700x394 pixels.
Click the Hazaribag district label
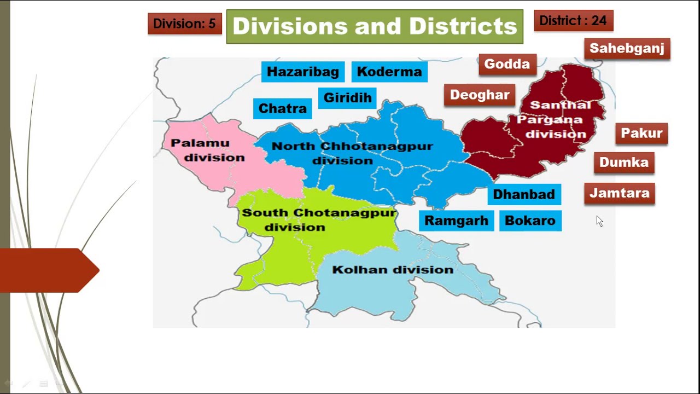pyautogui.click(x=302, y=72)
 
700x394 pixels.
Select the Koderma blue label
pyautogui.click(x=389, y=72)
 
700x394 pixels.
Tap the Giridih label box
pyautogui.click(x=347, y=98)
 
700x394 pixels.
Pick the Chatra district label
pyautogui.click(x=282, y=108)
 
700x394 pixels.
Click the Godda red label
pyautogui.click(x=507, y=64)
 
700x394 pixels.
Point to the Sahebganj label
pyautogui.click(x=627, y=48)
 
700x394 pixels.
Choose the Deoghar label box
pyautogui.click(x=480, y=95)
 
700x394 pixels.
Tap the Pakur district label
pyautogui.click(x=641, y=133)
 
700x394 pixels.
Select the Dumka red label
pyautogui.click(x=624, y=162)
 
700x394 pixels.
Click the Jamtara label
pyautogui.click(x=620, y=193)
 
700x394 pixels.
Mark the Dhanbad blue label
pyautogui.click(x=524, y=194)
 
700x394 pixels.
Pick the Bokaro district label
pyautogui.click(x=530, y=221)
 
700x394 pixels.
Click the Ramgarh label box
pyautogui.click(x=456, y=221)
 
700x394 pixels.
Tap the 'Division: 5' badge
pyautogui.click(x=185, y=24)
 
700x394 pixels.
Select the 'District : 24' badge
pyautogui.click(x=573, y=21)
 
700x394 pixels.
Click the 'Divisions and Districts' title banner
pyautogui.click(x=375, y=26)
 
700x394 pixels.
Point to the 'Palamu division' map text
pyautogui.click(x=208, y=150)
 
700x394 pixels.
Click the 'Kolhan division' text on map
pyautogui.click(x=393, y=270)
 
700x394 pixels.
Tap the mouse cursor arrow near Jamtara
pyautogui.click(x=599, y=221)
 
